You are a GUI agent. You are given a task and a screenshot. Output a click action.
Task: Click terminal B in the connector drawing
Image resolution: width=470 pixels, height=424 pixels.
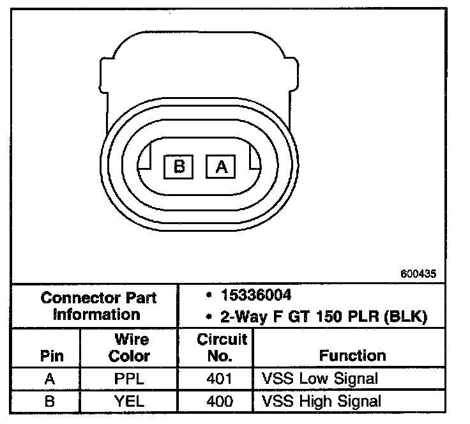pyautogui.click(x=178, y=167)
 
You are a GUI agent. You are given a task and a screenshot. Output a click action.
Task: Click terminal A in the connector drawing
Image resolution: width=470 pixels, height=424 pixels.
pyautogui.click(x=220, y=167)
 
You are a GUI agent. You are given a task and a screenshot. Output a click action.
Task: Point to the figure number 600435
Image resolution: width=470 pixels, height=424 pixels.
pyautogui.click(x=418, y=273)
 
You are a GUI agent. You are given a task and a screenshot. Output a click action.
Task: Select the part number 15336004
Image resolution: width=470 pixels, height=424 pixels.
pyautogui.click(x=256, y=295)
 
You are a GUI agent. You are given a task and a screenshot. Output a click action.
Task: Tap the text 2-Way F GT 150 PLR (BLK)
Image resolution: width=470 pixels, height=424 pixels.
pyautogui.click(x=324, y=317)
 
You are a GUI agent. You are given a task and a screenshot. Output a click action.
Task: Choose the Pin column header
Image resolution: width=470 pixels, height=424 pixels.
pyautogui.click(x=52, y=356)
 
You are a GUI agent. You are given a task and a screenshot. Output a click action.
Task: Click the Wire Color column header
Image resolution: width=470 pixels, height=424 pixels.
pyautogui.click(x=130, y=348)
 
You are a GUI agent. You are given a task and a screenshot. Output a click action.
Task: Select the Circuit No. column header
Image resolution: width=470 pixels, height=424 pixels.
pyautogui.click(x=222, y=347)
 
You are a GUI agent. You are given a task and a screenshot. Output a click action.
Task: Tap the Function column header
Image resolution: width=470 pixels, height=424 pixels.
pyautogui.click(x=352, y=356)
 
